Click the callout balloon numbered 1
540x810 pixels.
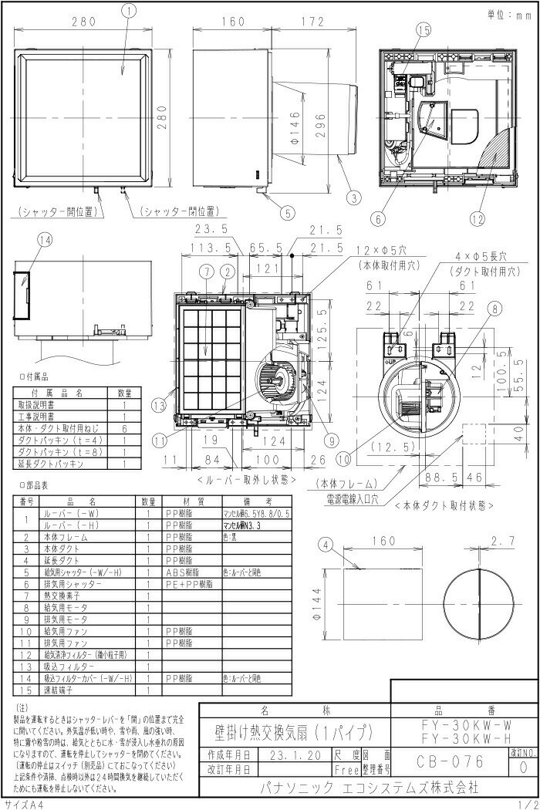click(128, 10)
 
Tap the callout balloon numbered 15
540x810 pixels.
click(423, 30)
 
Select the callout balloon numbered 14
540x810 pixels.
click(46, 240)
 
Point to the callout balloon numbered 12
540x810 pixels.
click(476, 219)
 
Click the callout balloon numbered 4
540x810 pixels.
click(326, 545)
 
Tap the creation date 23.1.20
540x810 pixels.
click(293, 755)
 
